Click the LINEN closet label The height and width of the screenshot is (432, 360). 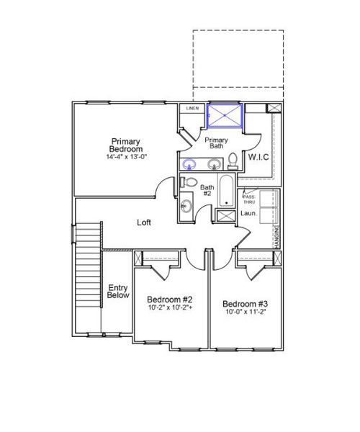point(192,109)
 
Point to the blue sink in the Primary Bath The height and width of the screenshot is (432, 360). point(190,163)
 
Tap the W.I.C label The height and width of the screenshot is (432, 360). point(258,156)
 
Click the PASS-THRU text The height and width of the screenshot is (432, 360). point(249,199)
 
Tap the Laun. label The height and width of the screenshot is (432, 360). point(248,213)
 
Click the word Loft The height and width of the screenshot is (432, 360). point(144,222)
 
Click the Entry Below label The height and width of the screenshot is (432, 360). point(117,292)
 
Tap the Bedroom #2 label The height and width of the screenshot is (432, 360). point(168,300)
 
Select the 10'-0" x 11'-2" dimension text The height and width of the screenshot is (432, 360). point(245,313)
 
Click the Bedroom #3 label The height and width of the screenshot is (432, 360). point(245,303)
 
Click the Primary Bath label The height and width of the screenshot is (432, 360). point(216,143)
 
